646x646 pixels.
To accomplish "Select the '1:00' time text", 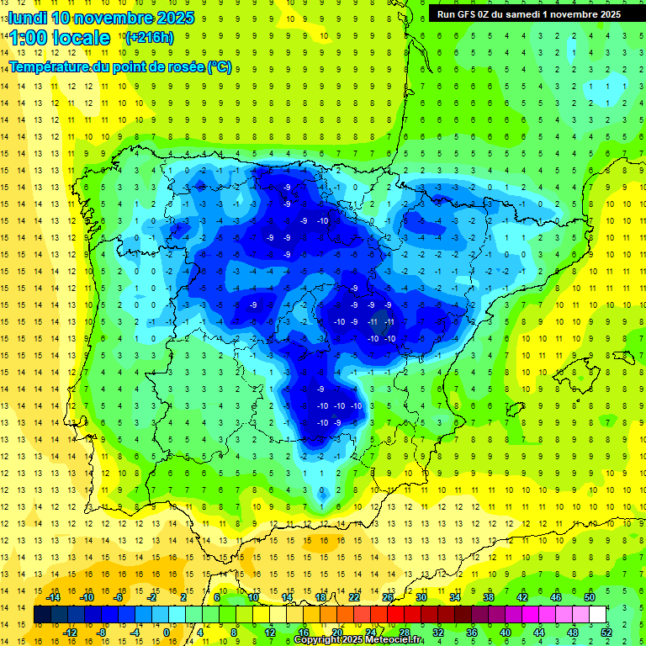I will [30, 38].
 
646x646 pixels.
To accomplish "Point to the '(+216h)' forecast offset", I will [149, 38].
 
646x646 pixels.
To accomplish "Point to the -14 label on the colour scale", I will [54, 597].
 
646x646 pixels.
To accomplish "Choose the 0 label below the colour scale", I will [166, 633].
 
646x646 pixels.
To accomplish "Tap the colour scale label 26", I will [389, 597].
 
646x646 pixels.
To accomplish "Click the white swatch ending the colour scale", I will [598, 615].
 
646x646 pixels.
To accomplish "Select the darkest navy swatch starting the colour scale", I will [42, 615].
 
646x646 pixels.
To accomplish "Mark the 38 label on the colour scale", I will [489, 597].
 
